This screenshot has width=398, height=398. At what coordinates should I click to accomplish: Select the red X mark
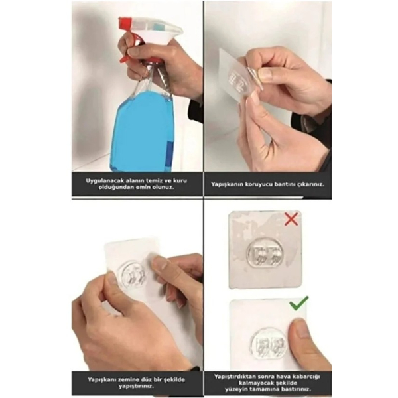[x=291, y=220]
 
